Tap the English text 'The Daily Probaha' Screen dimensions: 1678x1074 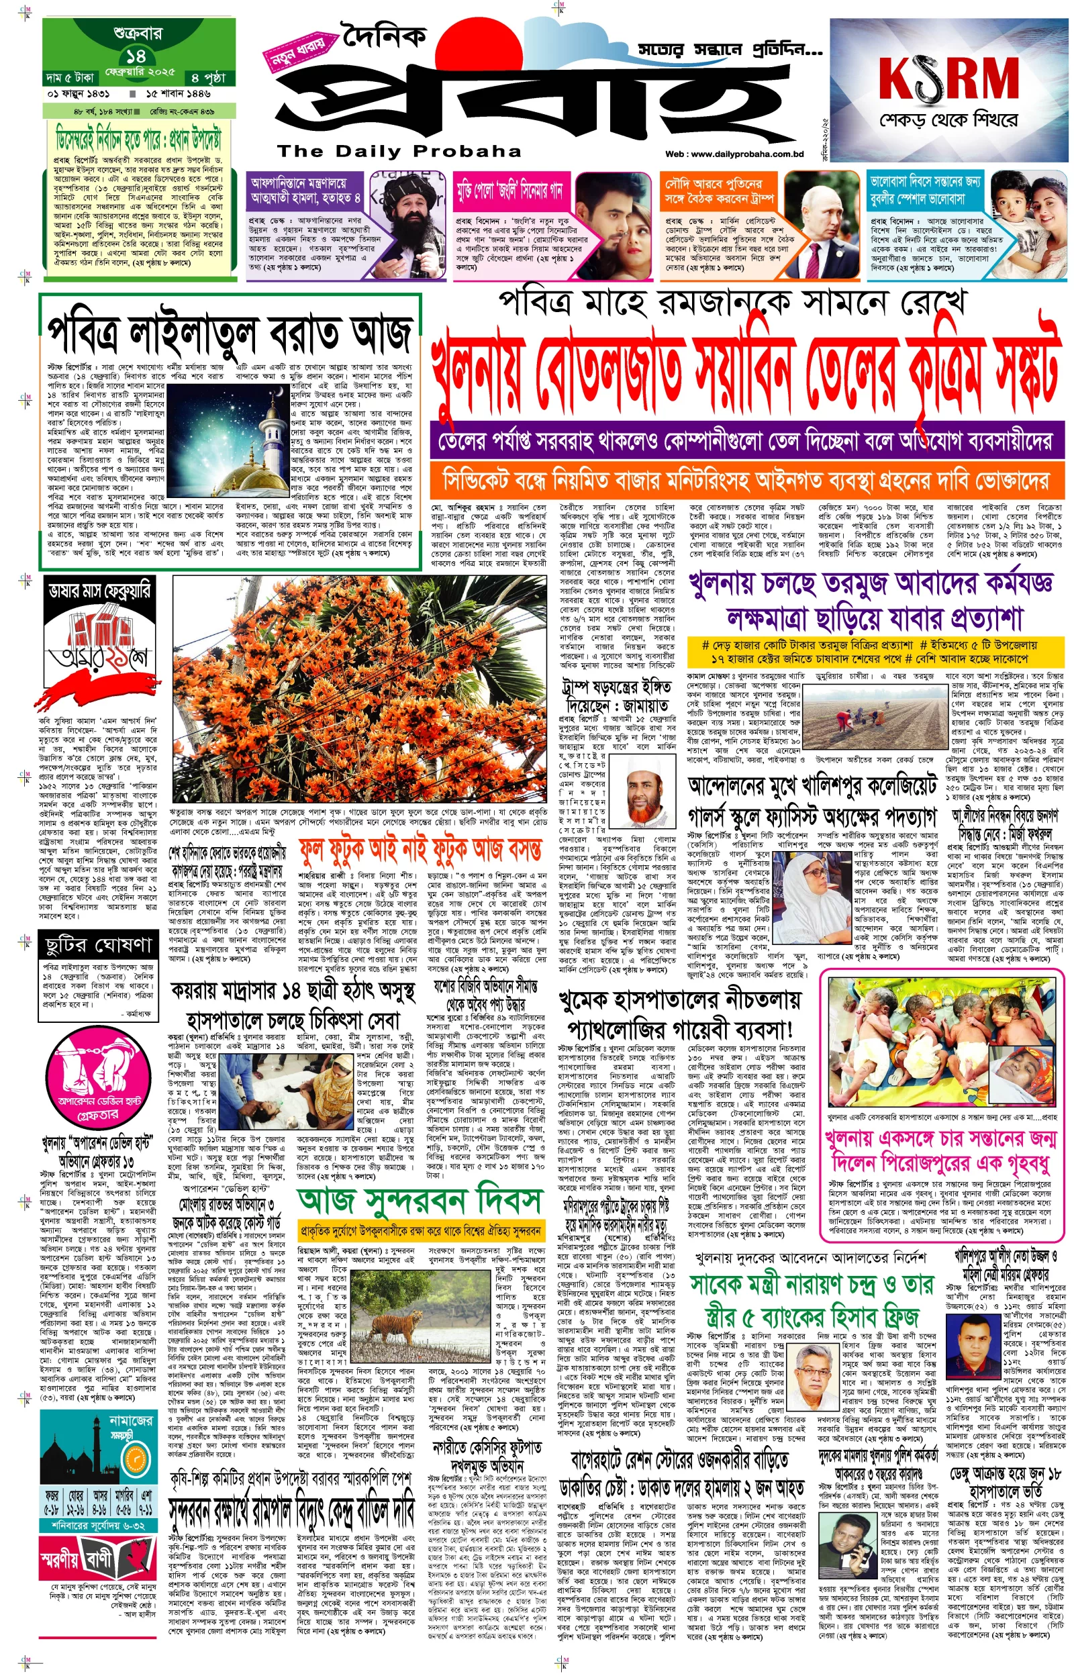tap(399, 151)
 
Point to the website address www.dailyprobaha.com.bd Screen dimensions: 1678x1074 tap(735, 154)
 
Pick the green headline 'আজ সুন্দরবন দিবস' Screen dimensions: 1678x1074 tap(419, 1197)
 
